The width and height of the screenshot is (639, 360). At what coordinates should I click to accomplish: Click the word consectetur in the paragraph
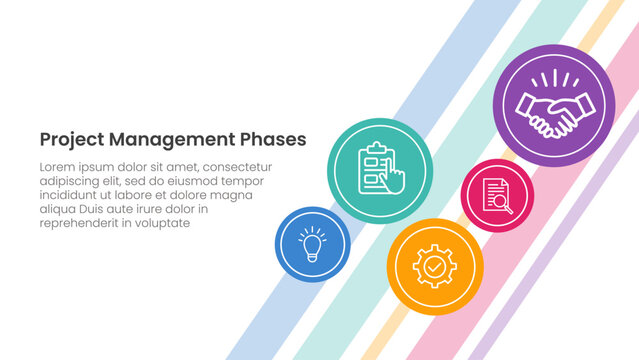point(236,167)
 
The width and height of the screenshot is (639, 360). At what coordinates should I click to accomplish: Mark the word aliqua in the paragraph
point(58,210)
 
